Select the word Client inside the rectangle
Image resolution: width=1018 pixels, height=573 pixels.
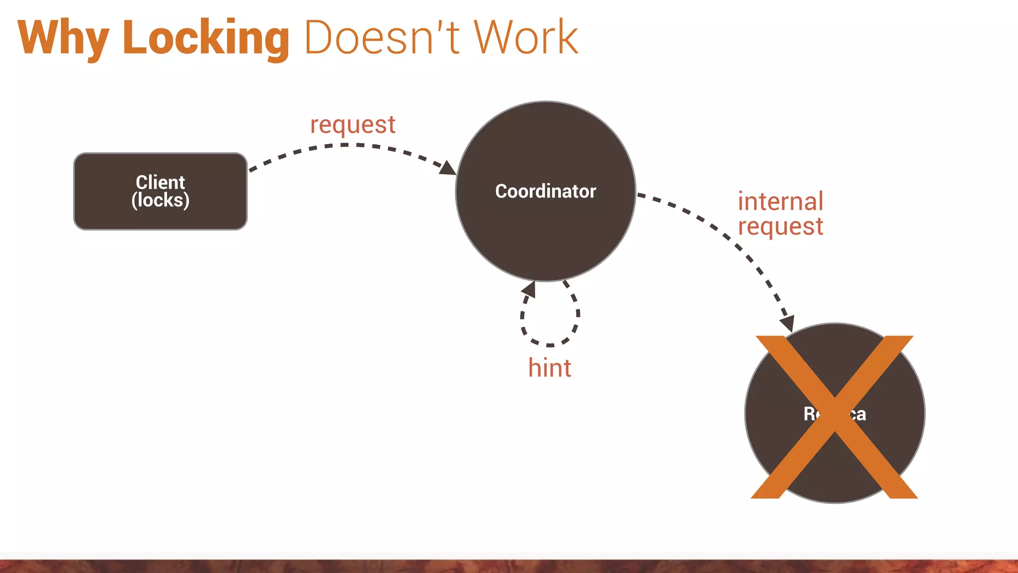coord(160,182)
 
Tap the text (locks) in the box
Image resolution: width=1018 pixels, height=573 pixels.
coord(160,200)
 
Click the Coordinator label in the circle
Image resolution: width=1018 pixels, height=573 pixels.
coord(545,191)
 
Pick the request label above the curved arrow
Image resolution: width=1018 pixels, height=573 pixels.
coord(352,125)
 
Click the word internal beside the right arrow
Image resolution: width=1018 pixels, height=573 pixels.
coord(780,201)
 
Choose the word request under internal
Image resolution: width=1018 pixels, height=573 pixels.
coord(780,227)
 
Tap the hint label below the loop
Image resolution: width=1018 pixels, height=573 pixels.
coord(549,368)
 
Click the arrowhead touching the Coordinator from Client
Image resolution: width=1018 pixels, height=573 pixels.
coord(448,168)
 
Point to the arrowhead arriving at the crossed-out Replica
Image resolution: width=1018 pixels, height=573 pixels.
coord(787,324)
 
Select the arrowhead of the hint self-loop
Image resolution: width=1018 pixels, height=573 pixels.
coord(529,289)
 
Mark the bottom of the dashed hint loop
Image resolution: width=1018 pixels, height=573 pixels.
coord(550,345)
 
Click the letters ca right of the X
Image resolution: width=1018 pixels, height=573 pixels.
coord(858,414)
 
